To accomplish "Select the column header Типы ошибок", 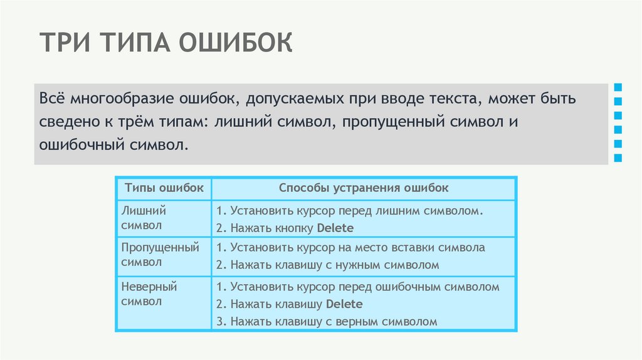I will click(164, 188).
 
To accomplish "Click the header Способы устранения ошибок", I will click(364, 188).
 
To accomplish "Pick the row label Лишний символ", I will click(144, 218).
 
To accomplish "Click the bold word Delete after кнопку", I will click(335, 228).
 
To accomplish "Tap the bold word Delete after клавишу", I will click(344, 304).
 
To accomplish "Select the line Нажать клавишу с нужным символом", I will click(327, 265).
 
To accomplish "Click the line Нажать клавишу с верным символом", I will click(325, 322).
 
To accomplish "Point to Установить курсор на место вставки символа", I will click(349, 248).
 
